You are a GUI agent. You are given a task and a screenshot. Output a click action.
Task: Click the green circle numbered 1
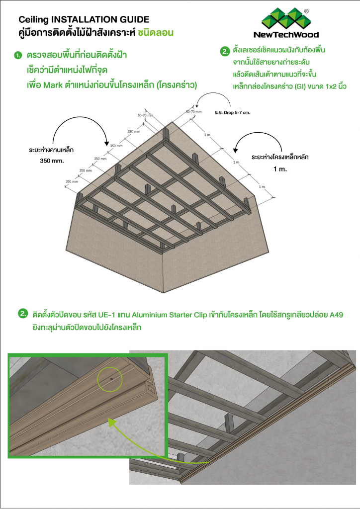pyautogui.click(x=18, y=55)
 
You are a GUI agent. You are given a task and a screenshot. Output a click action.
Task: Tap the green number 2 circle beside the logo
pyautogui.click(x=225, y=51)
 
